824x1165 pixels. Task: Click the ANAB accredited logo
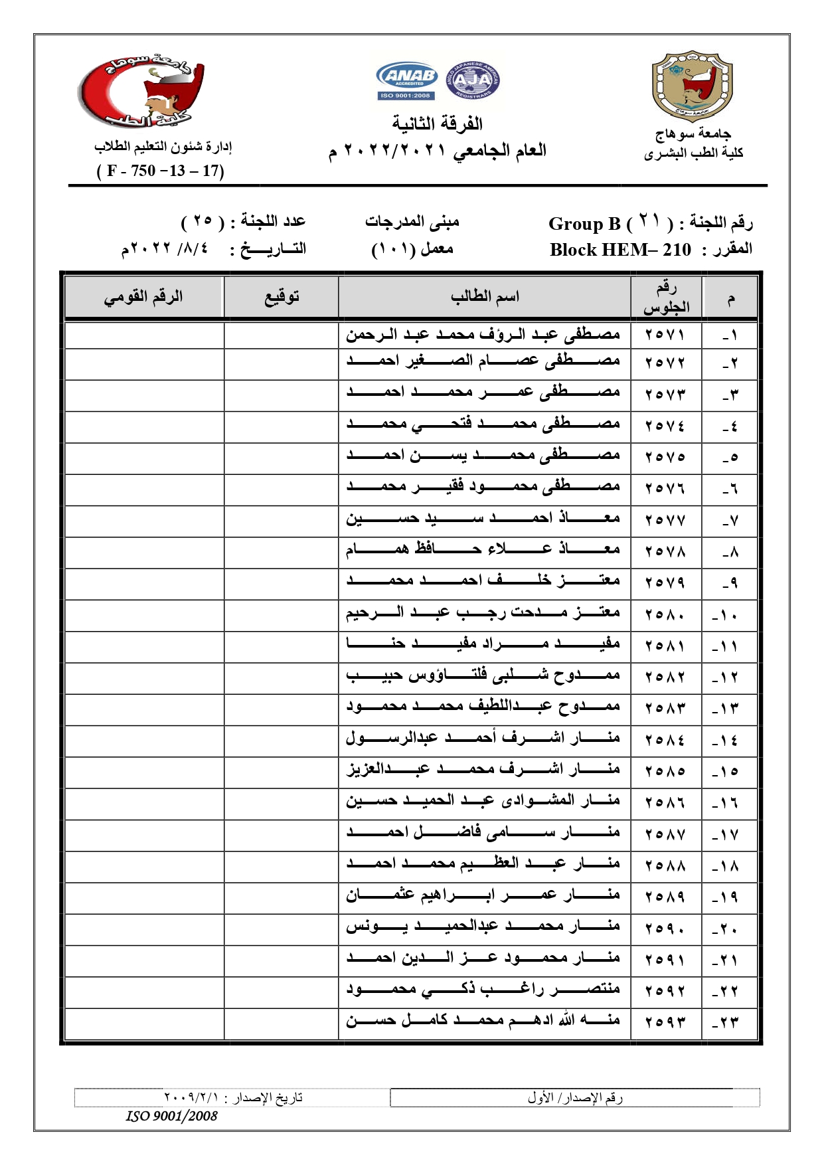(406, 80)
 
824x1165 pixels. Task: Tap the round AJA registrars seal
(472, 80)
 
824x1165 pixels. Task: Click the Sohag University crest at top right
(692, 86)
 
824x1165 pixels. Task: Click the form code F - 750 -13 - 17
(161, 171)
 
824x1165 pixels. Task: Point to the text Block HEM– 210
(620, 250)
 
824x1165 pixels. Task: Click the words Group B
(584, 223)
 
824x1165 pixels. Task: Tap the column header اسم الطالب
(484, 296)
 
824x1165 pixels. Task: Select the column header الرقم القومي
(143, 296)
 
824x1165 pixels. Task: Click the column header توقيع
(281, 296)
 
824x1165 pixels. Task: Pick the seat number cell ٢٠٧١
(665, 334)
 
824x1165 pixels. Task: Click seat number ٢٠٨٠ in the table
(665, 615)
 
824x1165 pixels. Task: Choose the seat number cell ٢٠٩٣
(665, 1022)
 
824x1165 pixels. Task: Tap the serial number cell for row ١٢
(729, 677)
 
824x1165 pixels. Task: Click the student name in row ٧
(483, 519)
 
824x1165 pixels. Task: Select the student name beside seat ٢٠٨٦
(483, 802)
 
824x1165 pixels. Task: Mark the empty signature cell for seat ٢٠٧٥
(281, 458)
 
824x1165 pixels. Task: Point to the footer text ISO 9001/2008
(172, 1116)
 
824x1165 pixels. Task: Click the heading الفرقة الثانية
(437, 124)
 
